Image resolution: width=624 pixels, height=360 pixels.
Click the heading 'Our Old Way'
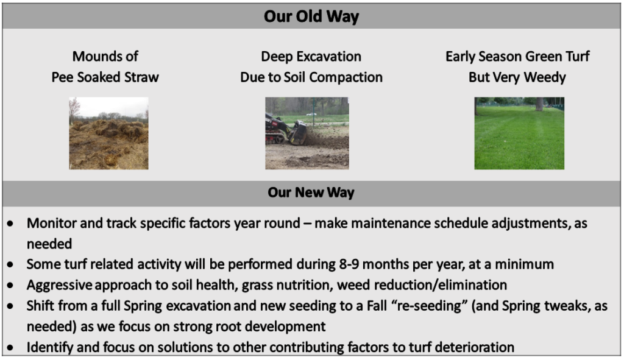tap(311, 16)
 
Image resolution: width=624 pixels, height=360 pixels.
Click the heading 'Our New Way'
tap(311, 192)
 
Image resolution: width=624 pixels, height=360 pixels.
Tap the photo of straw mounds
tap(108, 133)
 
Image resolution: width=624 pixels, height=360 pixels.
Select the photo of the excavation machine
tap(307, 133)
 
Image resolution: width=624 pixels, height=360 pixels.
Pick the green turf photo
tap(519, 133)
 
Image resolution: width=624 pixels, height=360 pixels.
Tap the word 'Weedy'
tap(545, 77)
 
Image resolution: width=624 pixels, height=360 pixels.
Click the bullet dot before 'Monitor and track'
tap(10, 224)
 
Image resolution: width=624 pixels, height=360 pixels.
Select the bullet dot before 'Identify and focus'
tap(10, 348)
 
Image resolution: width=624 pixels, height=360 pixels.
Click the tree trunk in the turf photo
tap(539, 104)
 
